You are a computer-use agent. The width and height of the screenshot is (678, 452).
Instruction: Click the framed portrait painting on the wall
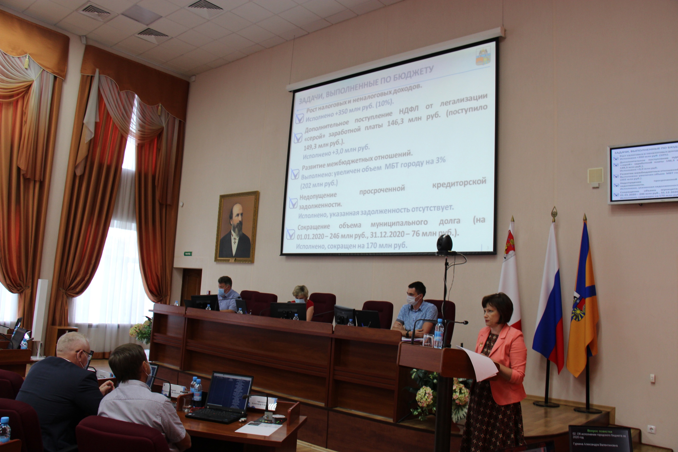click(237, 227)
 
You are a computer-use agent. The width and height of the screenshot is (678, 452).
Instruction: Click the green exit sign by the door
click(188, 254)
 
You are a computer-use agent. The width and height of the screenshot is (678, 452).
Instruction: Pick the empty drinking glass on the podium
click(428, 340)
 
